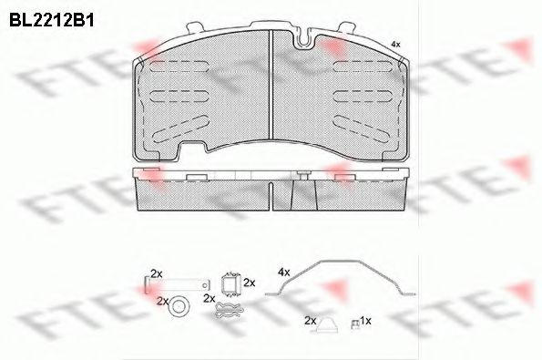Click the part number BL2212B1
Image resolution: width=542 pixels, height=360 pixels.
(52, 21)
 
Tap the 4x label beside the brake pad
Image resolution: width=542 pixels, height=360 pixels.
(395, 45)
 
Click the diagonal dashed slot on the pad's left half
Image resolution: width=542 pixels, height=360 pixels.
(180, 129)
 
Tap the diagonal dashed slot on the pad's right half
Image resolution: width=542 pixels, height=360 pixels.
(363, 129)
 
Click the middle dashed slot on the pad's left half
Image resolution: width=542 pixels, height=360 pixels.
(179, 96)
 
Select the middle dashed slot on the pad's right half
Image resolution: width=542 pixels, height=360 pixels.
(363, 96)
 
